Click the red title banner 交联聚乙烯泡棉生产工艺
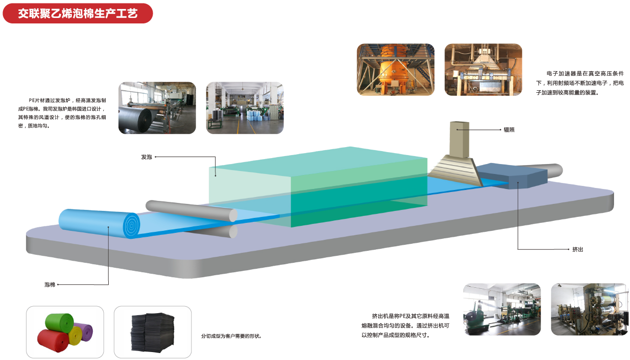point(77,13)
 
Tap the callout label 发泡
point(146,157)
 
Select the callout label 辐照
point(509,130)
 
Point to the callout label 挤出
point(578,249)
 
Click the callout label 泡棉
point(49,285)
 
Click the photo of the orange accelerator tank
point(396,69)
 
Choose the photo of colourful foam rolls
point(65,332)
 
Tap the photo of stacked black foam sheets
point(153,332)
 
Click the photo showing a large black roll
point(157,108)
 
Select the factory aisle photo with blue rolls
point(245,108)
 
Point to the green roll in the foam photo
point(59,322)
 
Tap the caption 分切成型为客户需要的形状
point(231,336)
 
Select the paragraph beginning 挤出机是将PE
point(405,326)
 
